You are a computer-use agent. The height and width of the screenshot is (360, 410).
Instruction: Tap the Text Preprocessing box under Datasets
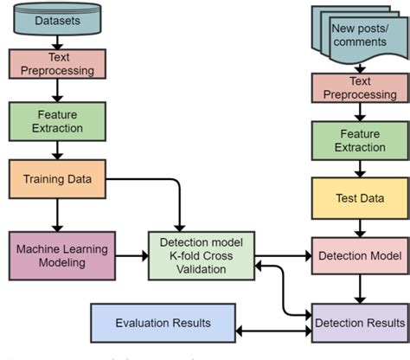[56, 64]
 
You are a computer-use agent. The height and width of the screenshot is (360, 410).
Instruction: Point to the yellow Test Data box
[358, 198]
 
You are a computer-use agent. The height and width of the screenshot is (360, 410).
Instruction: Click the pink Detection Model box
[359, 256]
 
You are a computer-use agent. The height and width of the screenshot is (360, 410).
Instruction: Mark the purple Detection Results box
[358, 323]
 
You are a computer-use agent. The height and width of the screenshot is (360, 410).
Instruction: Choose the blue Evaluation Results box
[163, 323]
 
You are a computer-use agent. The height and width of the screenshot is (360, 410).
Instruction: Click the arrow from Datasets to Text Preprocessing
[56, 40]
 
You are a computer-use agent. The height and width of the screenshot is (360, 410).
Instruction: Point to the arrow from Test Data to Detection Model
[358, 228]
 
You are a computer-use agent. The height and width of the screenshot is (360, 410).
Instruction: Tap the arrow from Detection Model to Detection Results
[358, 288]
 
